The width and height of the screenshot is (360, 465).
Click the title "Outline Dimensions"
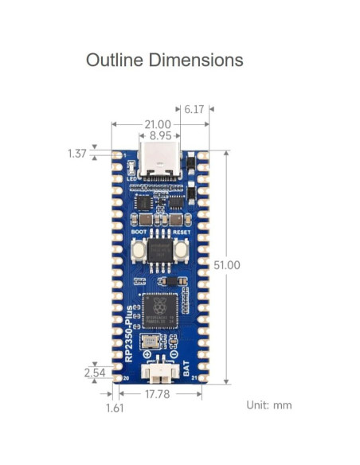[164, 60]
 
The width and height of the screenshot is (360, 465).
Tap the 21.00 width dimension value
[156, 124]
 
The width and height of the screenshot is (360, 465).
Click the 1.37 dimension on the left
[76, 154]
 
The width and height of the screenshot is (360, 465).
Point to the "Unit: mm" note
[268, 405]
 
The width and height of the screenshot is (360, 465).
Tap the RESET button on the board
[181, 250]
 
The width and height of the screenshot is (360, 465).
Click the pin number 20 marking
[126, 379]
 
